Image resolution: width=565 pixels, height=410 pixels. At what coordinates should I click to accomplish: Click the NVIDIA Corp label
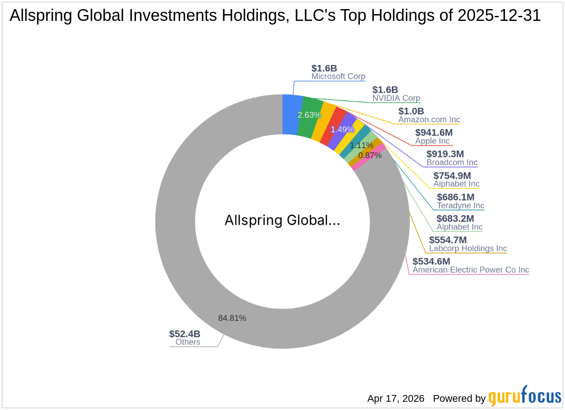click(x=396, y=98)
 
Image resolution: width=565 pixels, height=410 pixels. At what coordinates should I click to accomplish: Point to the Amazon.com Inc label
click(x=429, y=120)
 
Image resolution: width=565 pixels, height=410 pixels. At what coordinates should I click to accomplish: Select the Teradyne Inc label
click(x=460, y=205)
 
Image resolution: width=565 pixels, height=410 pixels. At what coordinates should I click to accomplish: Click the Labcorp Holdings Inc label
click(x=468, y=248)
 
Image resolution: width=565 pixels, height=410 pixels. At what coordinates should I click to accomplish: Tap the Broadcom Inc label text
click(x=452, y=162)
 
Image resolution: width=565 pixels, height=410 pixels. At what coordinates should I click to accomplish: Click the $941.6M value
click(x=434, y=133)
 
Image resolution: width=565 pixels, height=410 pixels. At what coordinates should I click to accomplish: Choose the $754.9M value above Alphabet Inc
click(x=452, y=175)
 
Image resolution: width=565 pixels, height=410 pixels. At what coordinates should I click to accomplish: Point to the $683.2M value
click(x=455, y=219)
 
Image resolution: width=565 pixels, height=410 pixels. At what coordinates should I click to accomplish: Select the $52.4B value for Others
click(x=184, y=334)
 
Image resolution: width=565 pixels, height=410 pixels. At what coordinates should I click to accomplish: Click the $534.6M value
click(x=431, y=261)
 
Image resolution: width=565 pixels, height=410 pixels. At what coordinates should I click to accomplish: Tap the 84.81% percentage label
click(x=232, y=318)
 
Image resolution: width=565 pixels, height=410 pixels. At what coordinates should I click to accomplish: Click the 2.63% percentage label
click(x=309, y=115)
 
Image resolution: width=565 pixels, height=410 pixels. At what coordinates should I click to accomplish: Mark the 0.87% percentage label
click(x=370, y=155)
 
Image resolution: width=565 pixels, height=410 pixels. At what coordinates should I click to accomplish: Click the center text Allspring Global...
click(x=282, y=220)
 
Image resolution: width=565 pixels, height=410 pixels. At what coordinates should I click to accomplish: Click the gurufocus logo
click(x=525, y=396)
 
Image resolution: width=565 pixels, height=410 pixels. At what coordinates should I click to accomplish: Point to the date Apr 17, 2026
click(x=396, y=399)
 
